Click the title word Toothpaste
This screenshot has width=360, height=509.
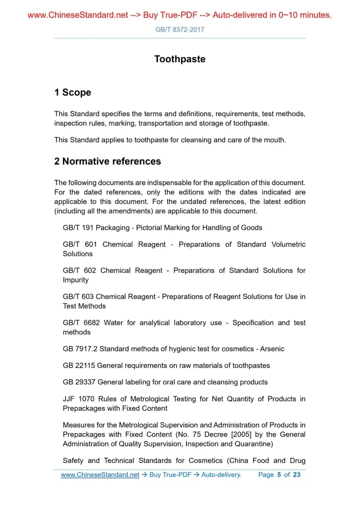tap(180, 59)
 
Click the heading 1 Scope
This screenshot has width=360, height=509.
tap(73, 92)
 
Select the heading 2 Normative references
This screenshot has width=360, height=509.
tap(108, 162)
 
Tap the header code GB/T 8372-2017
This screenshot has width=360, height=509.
tap(180, 30)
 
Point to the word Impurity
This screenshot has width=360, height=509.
tap(76, 280)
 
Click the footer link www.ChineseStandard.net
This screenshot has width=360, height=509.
tap(100, 475)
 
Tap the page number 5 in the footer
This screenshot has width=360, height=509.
tap(279, 475)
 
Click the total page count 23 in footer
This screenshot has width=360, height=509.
tap(297, 475)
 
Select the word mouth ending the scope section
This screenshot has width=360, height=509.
tap(274, 140)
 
